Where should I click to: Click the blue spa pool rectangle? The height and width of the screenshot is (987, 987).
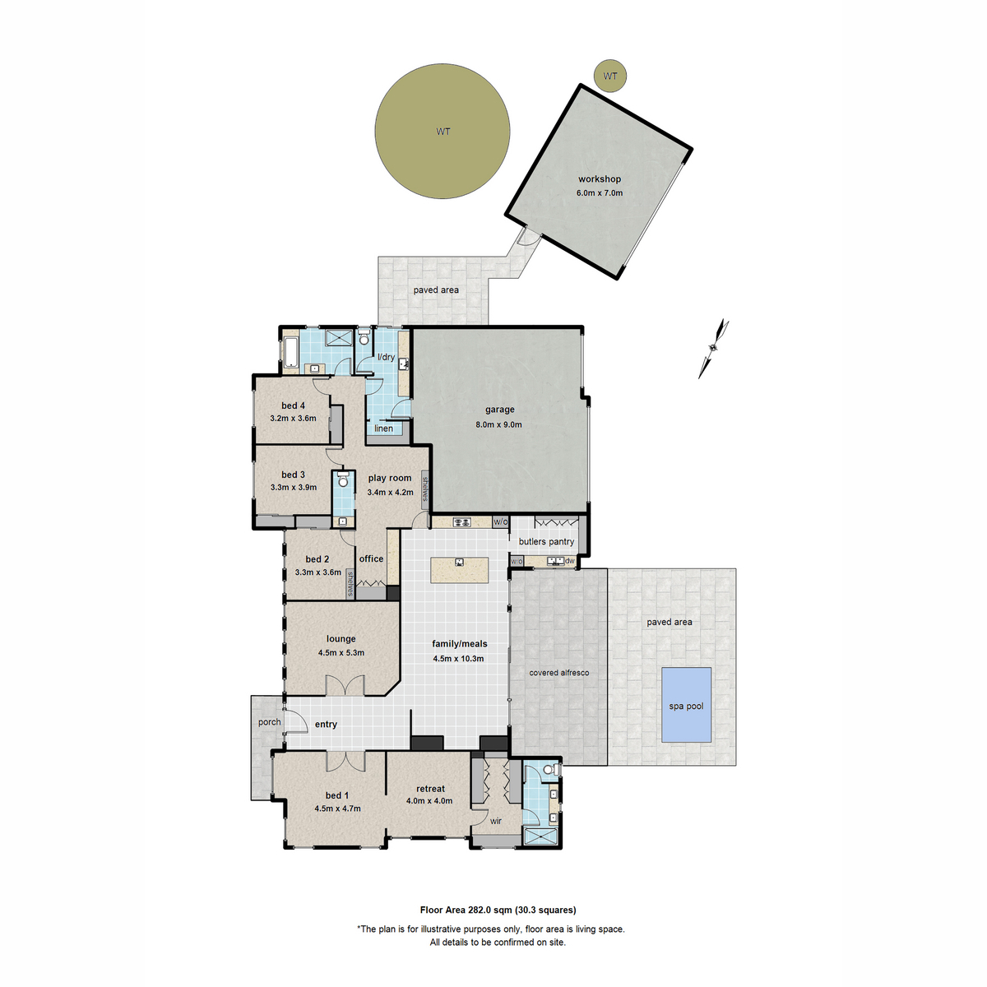[687, 705]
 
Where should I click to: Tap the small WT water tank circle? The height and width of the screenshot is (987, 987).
[610, 76]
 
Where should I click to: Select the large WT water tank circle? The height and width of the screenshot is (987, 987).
[443, 132]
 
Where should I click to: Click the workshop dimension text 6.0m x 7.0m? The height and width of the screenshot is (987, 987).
[600, 193]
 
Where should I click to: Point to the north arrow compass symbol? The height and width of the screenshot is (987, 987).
[714, 348]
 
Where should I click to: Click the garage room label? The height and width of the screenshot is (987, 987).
[499, 410]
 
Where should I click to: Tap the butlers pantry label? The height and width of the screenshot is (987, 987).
[546, 542]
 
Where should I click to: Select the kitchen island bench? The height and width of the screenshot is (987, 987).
[460, 570]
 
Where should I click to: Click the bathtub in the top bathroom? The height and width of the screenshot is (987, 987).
[290, 352]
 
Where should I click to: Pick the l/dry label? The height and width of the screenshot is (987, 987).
[386, 358]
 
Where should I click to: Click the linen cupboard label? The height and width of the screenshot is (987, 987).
[384, 429]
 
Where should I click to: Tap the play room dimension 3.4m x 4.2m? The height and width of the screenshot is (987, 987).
[390, 493]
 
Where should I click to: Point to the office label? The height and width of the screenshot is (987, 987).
[371, 559]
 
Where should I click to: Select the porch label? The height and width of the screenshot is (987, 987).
[269, 723]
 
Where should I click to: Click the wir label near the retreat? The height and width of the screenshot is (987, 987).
[496, 821]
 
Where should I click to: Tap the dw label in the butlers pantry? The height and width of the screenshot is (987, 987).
[570, 561]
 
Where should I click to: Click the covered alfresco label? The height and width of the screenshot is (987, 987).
[558, 673]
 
